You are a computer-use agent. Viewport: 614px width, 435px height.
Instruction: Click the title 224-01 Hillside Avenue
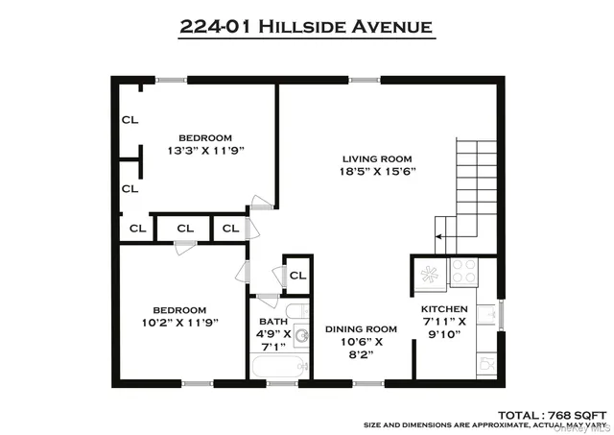[x=307, y=26]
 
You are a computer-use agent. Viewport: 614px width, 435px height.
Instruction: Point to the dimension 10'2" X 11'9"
[x=180, y=323]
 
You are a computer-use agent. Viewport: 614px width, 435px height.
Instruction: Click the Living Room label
[x=378, y=158]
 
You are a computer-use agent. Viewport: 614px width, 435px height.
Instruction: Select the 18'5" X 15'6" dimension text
[x=378, y=172]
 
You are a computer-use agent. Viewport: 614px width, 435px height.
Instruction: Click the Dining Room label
[x=360, y=329]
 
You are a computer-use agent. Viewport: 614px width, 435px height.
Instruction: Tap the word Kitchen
[x=444, y=309]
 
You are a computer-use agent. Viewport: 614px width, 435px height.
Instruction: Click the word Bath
[x=272, y=322]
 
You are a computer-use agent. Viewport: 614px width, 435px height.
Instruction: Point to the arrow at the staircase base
[x=442, y=233]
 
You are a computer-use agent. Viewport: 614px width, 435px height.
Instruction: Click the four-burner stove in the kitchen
[x=463, y=272]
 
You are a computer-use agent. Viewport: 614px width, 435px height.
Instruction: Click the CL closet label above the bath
[x=297, y=276]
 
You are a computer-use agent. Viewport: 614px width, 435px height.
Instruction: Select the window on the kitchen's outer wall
[x=500, y=314]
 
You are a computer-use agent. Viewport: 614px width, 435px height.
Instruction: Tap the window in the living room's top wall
[x=364, y=80]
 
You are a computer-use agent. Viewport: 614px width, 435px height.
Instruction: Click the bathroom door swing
[x=268, y=278]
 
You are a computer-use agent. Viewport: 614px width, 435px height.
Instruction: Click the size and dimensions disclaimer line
[x=486, y=423]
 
